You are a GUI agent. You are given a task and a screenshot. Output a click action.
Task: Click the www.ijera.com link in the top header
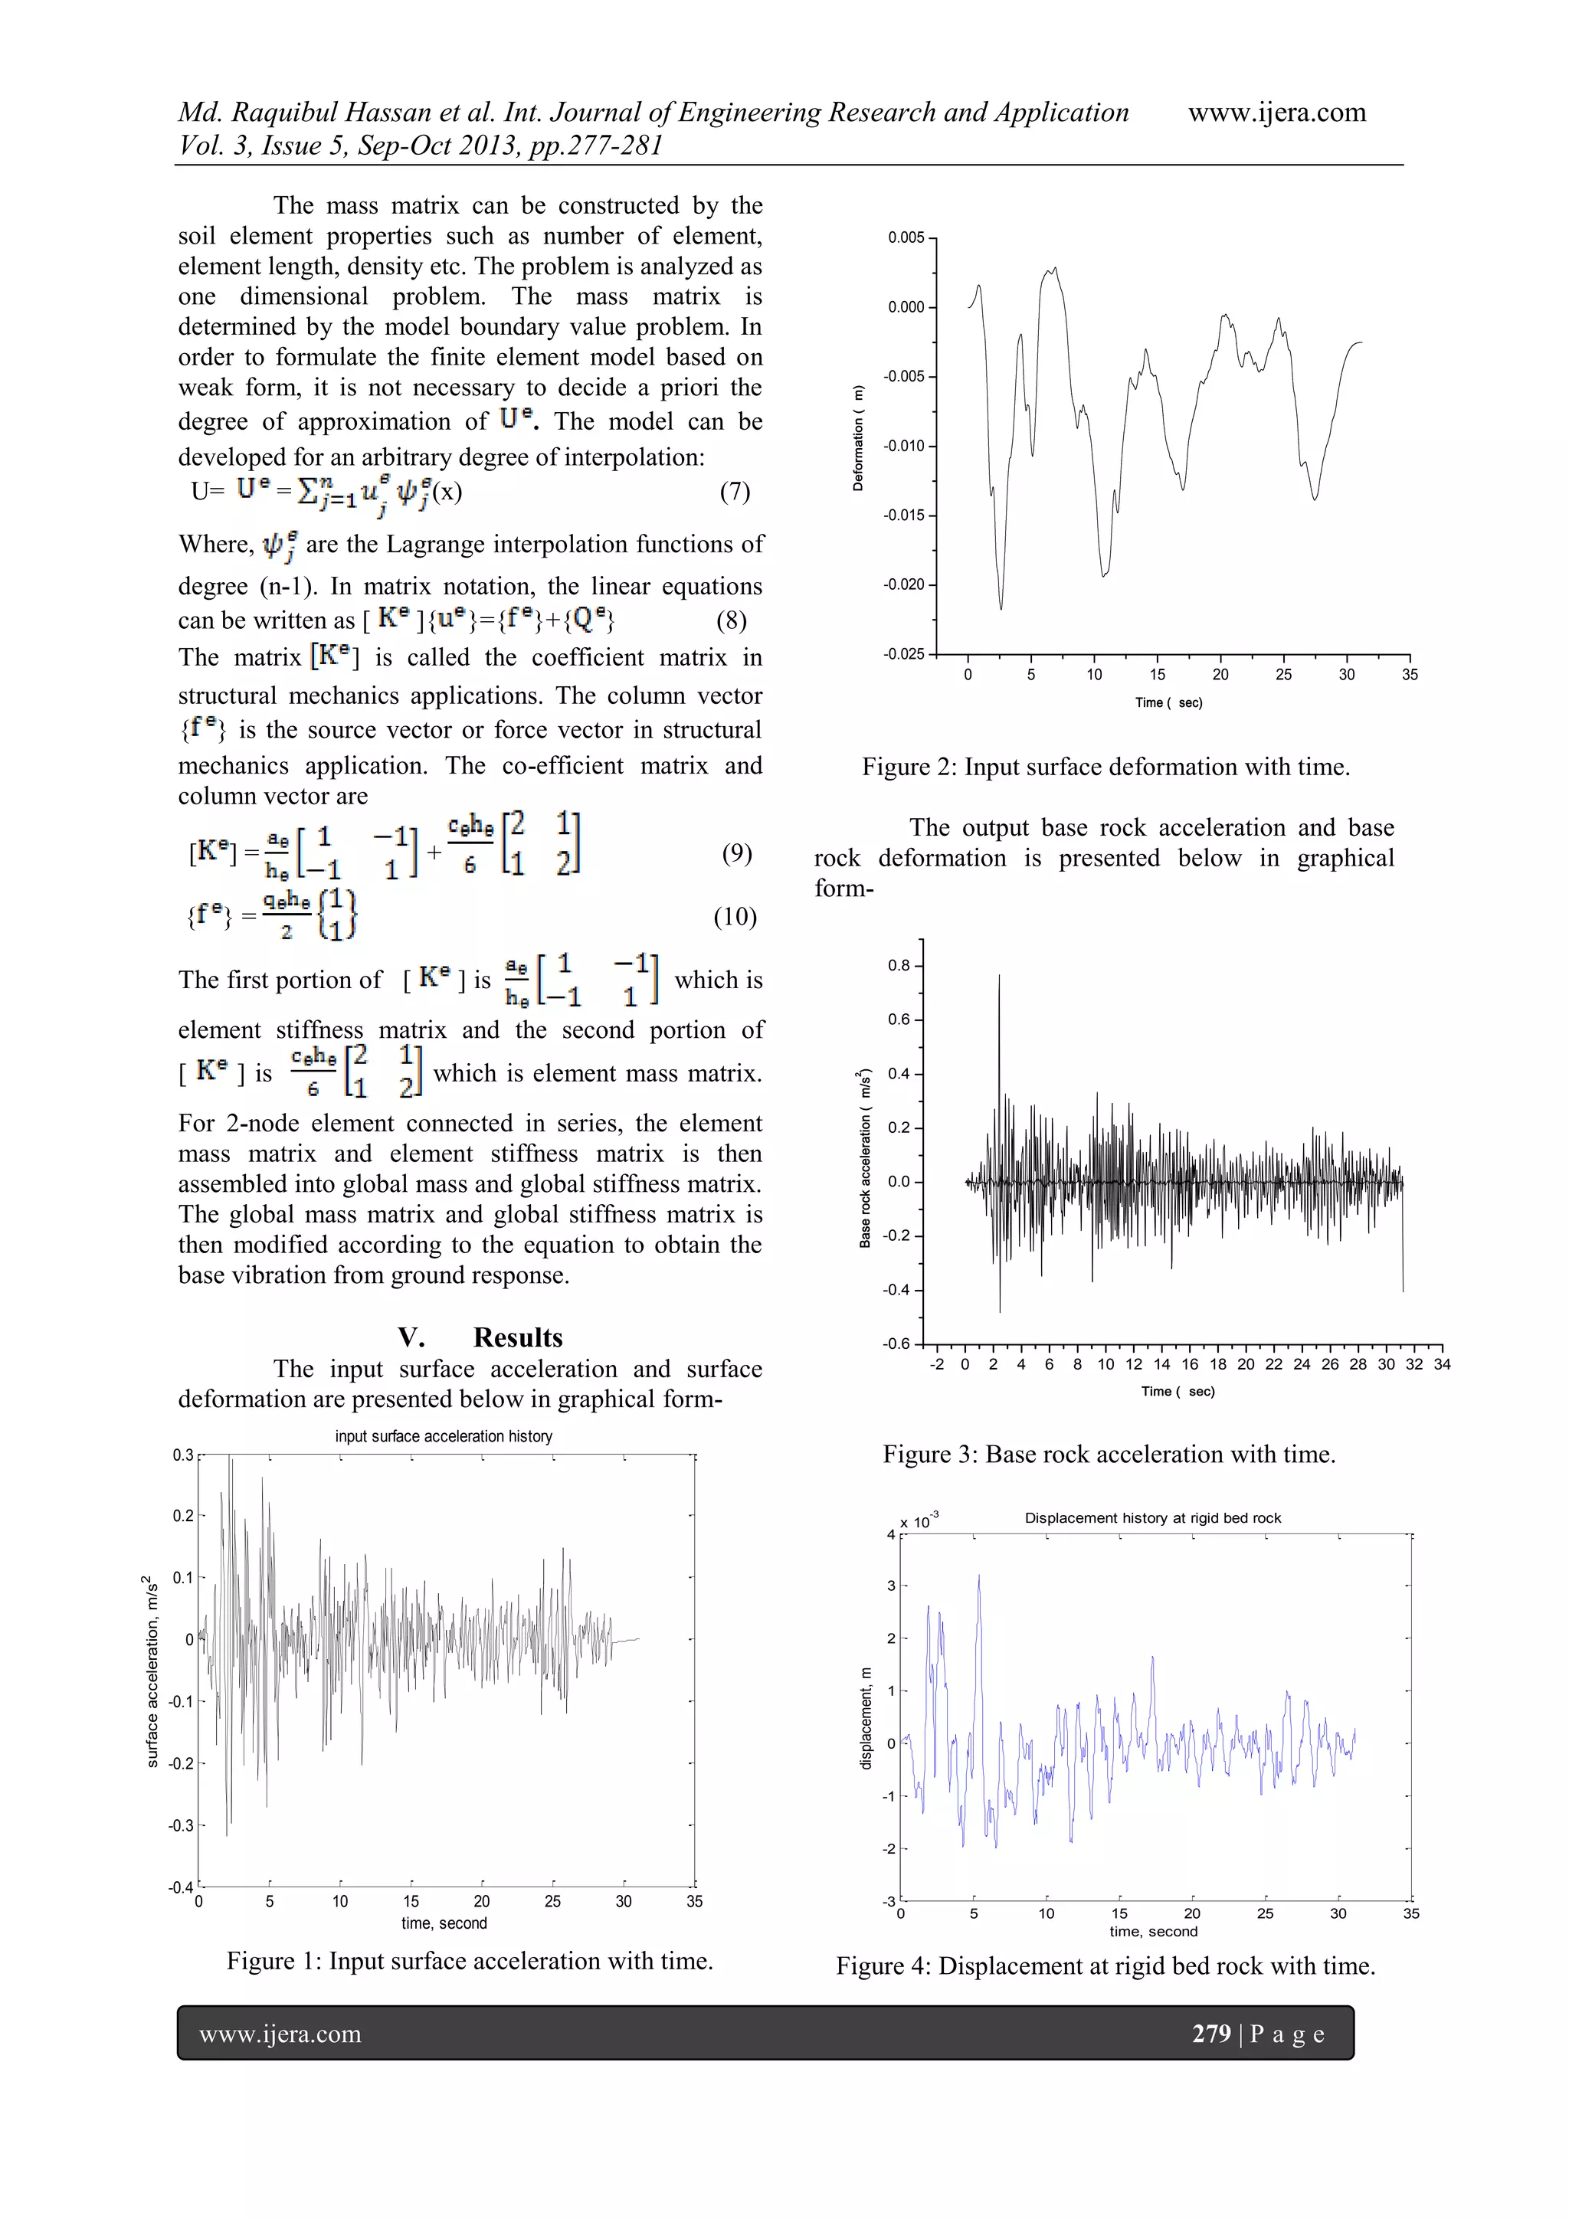1276,113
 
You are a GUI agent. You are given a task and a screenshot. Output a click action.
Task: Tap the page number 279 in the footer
1211,2034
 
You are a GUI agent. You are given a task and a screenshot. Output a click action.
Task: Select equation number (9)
737,853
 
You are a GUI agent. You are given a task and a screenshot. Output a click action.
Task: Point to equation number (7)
735,491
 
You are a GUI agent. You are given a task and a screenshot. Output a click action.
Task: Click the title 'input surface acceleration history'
444,1436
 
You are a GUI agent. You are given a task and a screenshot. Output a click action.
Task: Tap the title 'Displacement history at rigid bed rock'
1152,1518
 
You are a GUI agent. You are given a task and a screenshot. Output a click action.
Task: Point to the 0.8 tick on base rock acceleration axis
899,965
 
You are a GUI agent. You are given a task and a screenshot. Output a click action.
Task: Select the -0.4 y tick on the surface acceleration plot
181,1887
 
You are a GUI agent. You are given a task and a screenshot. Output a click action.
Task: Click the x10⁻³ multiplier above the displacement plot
919,1522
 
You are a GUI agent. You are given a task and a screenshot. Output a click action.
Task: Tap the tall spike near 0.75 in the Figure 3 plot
999,978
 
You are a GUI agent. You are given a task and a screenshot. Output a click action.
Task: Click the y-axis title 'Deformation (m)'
857,439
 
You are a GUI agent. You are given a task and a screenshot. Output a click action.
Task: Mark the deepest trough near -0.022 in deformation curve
1001,607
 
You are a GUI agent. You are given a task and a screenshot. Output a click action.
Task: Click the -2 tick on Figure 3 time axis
935,1365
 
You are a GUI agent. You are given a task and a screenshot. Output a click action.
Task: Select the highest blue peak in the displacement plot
978,1576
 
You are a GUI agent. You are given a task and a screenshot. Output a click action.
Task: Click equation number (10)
735,916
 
